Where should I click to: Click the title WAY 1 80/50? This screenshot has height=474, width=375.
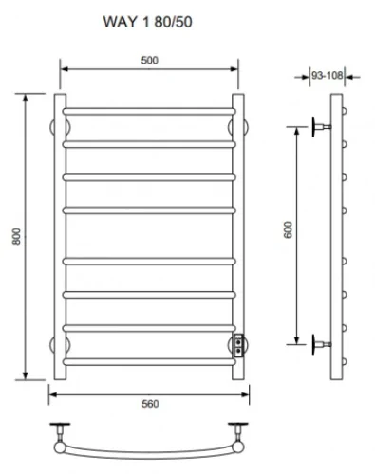tap(147, 22)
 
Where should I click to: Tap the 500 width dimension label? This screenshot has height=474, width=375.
tap(149, 60)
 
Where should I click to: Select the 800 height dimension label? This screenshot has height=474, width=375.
tap(16, 236)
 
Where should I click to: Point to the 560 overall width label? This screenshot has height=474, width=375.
tap(150, 404)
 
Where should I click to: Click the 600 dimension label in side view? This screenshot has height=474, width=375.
tap(289, 229)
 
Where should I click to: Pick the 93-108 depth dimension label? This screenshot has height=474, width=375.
tap(327, 75)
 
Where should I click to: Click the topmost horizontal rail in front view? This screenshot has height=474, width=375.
tap(149, 112)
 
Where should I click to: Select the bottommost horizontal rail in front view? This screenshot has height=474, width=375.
tap(149, 362)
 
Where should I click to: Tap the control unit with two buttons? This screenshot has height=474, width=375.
tap(238, 346)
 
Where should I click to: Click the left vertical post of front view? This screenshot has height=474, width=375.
tap(60, 236)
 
